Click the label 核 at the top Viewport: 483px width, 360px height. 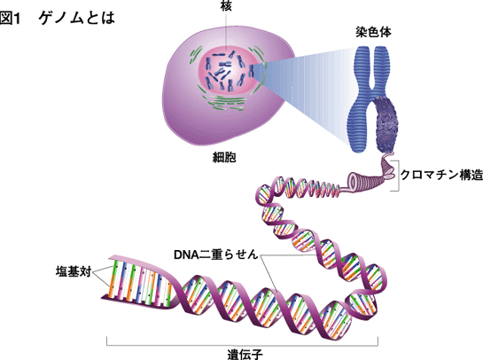pyautogui.click(x=226, y=5)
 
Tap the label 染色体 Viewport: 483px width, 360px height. pyautogui.click(x=373, y=32)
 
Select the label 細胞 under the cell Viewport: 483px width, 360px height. pyautogui.click(x=224, y=158)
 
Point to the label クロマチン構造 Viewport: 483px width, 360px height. pyautogui.click(x=441, y=175)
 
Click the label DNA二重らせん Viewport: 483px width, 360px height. pyautogui.click(x=215, y=254)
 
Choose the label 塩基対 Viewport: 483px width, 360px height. pyautogui.click(x=74, y=272)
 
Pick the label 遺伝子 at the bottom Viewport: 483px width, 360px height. pyautogui.click(x=245, y=355)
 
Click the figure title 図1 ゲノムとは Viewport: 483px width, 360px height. pyautogui.click(x=58, y=19)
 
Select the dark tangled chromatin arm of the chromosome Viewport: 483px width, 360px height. pyautogui.click(x=387, y=125)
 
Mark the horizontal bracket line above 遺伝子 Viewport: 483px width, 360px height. pyautogui.click(x=243, y=345)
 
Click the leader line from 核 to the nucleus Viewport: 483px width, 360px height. pyautogui.click(x=226, y=31)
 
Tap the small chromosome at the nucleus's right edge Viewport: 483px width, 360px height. pyautogui.click(x=252, y=71)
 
